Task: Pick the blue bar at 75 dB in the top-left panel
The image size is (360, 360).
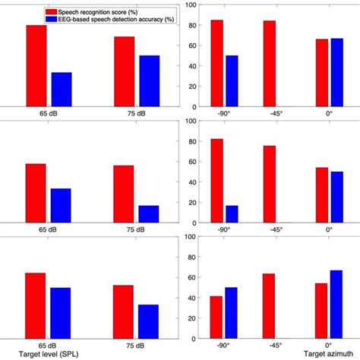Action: [x=149, y=81]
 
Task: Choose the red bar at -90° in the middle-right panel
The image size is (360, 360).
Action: [x=216, y=180]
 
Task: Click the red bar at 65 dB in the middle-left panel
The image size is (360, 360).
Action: [x=36, y=192]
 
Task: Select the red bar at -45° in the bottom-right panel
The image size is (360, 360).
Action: [x=270, y=305]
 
